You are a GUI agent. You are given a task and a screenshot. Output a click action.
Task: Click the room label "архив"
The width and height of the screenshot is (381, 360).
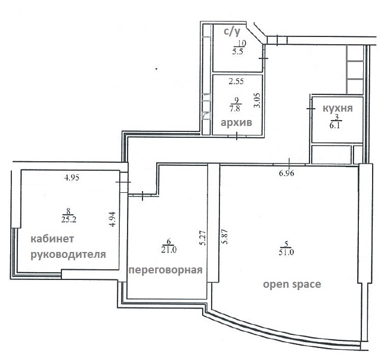(236, 123)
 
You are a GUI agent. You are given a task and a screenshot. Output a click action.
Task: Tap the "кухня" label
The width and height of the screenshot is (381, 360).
(337, 109)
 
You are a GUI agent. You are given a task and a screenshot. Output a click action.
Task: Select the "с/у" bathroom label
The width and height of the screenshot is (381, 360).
(232, 32)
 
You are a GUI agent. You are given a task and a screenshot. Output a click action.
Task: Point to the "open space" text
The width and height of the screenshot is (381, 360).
(292, 284)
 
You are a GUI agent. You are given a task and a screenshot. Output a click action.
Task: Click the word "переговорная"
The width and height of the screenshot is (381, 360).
(166, 270)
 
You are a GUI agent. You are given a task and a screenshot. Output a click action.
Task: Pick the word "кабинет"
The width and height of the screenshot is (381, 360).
(52, 239)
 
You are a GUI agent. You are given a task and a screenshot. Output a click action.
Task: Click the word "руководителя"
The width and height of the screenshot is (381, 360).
(69, 255)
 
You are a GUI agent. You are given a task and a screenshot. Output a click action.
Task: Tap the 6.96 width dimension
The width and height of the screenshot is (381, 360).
(286, 173)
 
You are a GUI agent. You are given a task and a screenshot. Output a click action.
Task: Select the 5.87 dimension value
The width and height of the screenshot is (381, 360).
(225, 236)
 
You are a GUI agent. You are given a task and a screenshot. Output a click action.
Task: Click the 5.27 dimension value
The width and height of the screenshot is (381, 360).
(203, 238)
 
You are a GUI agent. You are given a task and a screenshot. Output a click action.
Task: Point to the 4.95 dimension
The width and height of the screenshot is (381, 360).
(72, 178)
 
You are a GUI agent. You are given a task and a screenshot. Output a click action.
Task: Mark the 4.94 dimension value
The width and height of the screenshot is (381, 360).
(112, 220)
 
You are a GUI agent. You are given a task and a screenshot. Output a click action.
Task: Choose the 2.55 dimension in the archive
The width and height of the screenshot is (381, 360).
(236, 81)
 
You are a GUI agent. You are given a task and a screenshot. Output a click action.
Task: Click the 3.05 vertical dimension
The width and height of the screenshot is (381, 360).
(257, 100)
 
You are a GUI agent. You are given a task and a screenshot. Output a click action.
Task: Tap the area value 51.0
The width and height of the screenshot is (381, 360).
(286, 252)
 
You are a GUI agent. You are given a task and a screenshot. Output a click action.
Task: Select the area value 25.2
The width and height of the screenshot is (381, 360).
(69, 220)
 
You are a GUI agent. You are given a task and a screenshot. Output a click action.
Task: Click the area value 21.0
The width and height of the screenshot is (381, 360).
(169, 250)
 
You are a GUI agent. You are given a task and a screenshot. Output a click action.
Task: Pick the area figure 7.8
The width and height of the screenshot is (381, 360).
(235, 109)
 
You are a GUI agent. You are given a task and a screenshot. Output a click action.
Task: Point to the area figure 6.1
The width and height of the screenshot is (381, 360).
(336, 126)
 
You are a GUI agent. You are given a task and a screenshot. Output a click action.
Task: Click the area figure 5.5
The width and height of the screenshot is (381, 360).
(238, 51)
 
